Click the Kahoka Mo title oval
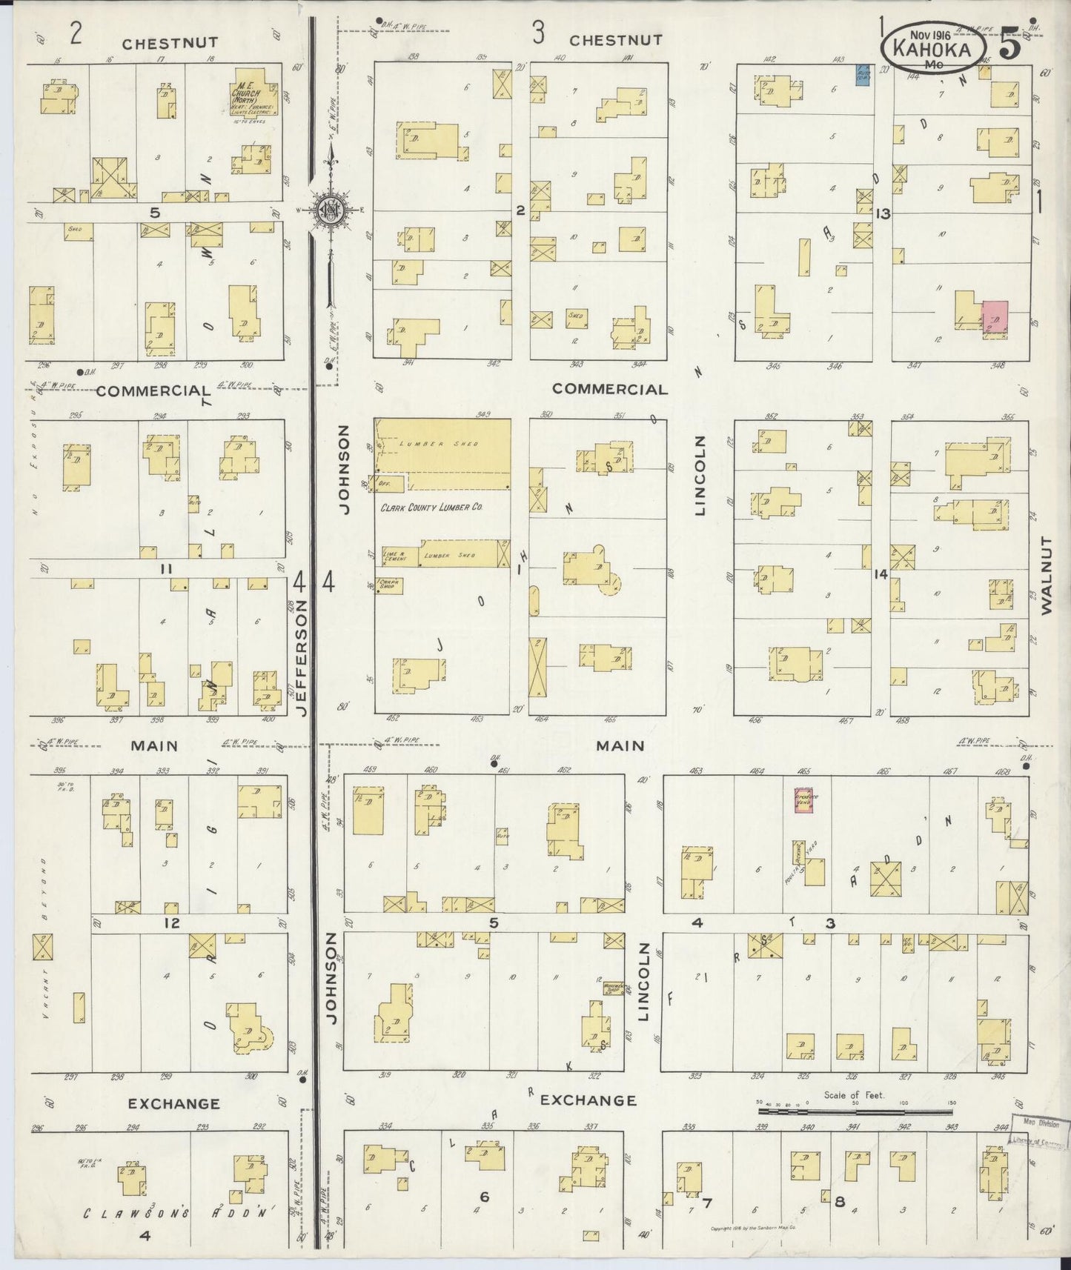click(x=934, y=47)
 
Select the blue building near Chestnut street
click(x=862, y=75)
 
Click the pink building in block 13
click(x=995, y=318)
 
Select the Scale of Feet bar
click(x=855, y=1111)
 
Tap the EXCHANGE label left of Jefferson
click(x=173, y=1103)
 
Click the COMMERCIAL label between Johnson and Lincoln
click(x=609, y=389)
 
